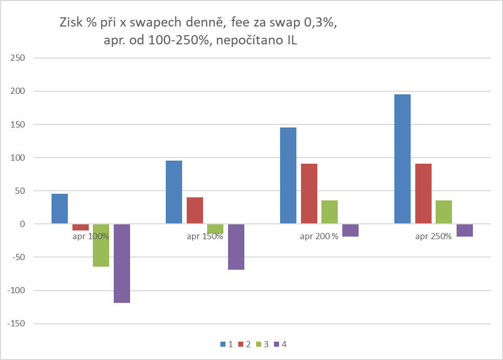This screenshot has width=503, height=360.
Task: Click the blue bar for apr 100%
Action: [60, 209]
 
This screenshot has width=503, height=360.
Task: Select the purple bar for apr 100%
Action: [122, 263]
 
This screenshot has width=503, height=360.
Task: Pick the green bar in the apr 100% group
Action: [101, 245]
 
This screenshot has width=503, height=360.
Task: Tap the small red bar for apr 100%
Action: [81, 227]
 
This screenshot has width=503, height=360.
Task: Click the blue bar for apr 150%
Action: [174, 192]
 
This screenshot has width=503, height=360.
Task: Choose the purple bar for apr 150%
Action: [236, 247]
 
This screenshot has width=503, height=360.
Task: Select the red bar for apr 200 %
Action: [309, 194]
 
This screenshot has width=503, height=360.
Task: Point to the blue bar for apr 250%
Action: [403, 159]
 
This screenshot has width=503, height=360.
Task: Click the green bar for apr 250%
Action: [444, 212]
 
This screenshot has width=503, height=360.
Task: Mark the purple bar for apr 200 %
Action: [350, 230]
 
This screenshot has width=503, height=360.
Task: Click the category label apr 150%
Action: [205, 236]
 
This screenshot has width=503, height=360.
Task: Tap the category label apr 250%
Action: [434, 236]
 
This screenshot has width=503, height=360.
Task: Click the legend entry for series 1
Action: [227, 344]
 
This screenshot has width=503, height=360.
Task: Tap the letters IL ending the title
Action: [290, 41]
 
